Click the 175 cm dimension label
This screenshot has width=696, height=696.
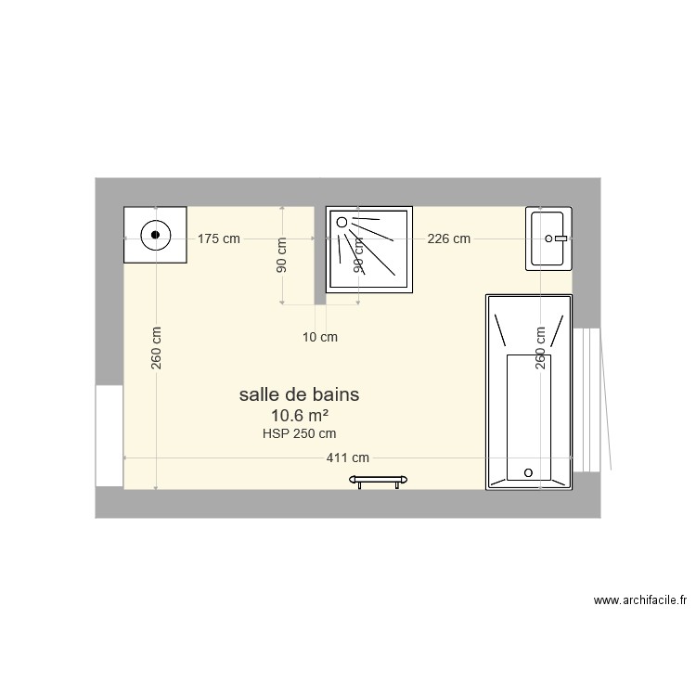pyautogui.click(x=219, y=238)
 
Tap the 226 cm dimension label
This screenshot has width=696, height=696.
pyautogui.click(x=448, y=238)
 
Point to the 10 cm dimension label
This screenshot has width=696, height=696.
pyautogui.click(x=320, y=338)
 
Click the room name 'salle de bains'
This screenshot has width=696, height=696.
pyautogui.click(x=299, y=394)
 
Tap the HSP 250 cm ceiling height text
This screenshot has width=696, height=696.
pyautogui.click(x=299, y=433)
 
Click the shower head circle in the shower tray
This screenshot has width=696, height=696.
pyautogui.click(x=342, y=223)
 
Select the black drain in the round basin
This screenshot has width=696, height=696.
pyautogui.click(x=156, y=236)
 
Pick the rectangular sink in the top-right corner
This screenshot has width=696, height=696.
pyautogui.click(x=549, y=239)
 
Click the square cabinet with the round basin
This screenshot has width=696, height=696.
pyautogui.click(x=156, y=236)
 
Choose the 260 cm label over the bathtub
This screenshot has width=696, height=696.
pyautogui.click(x=539, y=348)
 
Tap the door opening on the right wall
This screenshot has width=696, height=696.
pyautogui.click(x=588, y=400)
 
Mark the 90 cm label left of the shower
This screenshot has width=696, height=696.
pyautogui.click(x=281, y=252)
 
